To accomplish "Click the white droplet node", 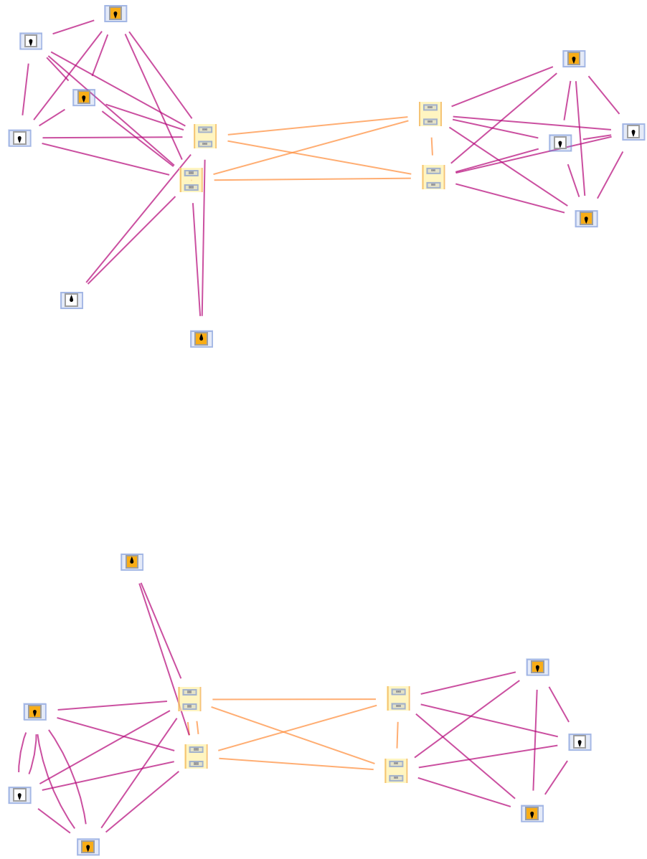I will pos(72,300).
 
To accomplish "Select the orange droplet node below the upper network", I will pos(202,338).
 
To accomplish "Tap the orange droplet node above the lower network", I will pos(132,562).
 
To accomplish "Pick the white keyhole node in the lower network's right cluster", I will pos(580,742).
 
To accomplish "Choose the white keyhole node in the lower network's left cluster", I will pos(19,795).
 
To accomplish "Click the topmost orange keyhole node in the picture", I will pos(115,14).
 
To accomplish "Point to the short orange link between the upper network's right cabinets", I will pos(432,146).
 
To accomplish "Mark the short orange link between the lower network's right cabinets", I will pos(397,735).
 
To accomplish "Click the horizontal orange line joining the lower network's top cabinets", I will pos(294,699).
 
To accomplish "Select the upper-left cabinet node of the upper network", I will pos(205,136).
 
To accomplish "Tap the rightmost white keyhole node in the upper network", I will pos(633,132).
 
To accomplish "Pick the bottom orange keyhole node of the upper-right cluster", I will pos(586,219).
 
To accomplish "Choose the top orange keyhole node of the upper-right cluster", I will pos(574,59).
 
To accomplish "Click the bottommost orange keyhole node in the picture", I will pos(88,847).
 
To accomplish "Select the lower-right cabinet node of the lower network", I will pos(396,771).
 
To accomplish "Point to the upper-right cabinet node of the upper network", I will pos(430,114).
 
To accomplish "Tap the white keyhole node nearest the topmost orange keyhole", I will pos(31,41).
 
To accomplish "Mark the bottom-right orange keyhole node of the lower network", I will pos(532,813).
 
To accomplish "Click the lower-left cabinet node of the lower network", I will pos(196,756).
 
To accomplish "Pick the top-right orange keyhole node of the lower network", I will pos(537,668).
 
